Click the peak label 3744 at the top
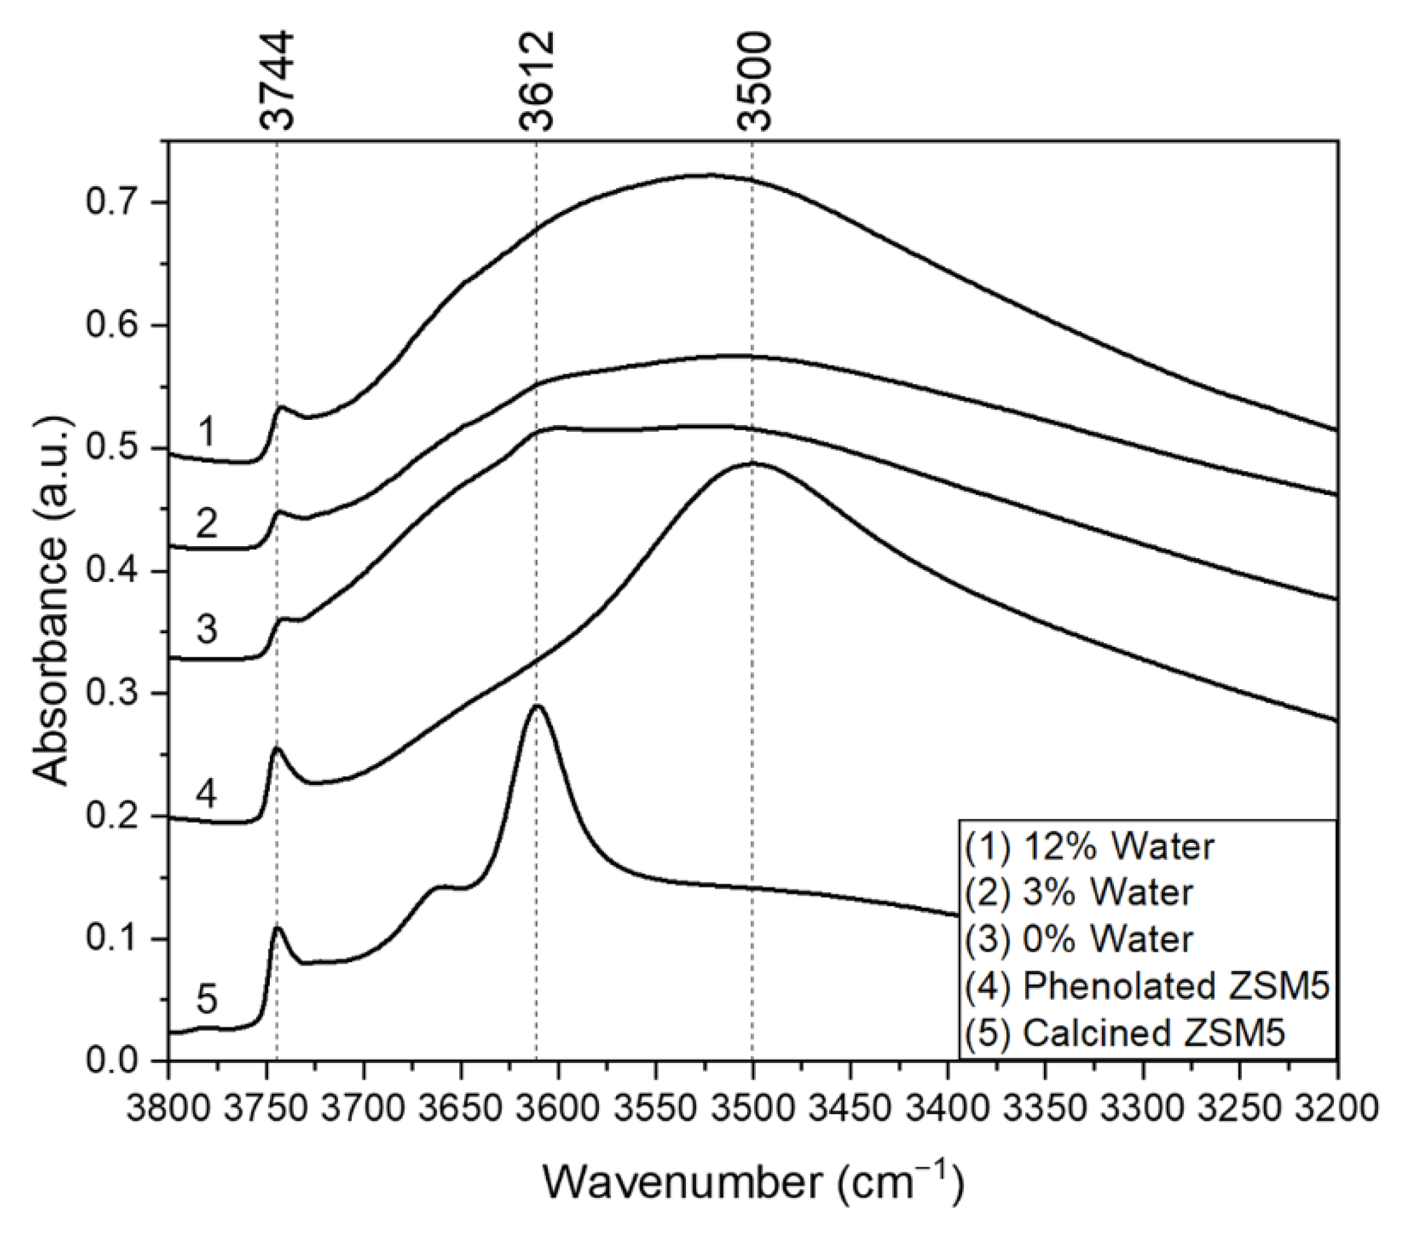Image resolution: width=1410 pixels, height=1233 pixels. point(278,81)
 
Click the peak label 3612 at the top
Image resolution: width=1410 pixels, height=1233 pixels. point(537,81)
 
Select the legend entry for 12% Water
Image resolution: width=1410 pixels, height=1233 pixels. point(1090,847)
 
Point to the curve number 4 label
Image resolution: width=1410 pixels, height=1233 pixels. point(206,794)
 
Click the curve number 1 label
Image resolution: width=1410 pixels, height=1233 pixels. point(206,434)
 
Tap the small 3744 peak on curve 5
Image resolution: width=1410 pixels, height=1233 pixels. point(277,928)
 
